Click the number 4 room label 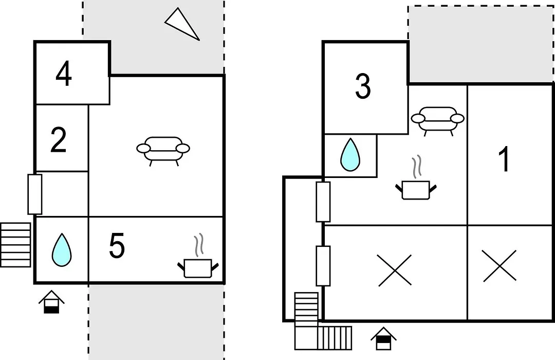(64, 74)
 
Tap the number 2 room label (59, 140)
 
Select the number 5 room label (117, 245)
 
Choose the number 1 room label (505, 159)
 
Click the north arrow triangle (182, 24)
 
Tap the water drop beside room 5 (62, 250)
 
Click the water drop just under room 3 (350, 154)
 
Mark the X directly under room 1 (499, 266)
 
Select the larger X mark (395, 270)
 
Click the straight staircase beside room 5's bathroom (15, 245)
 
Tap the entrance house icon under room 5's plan (52, 302)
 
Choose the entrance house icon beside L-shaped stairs (384, 339)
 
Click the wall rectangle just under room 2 (35, 194)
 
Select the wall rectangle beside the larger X (323, 266)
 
